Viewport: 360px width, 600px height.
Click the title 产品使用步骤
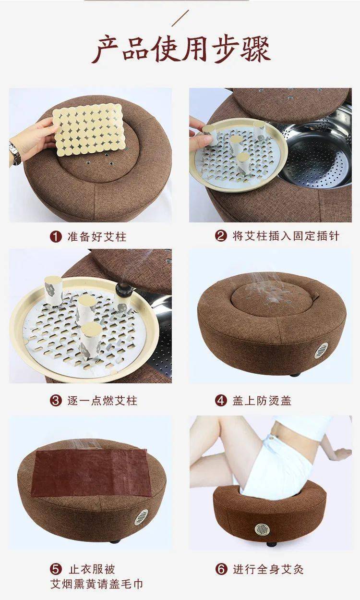(x=181, y=49)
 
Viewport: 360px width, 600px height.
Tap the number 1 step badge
(x=56, y=237)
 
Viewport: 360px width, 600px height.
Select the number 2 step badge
(x=221, y=236)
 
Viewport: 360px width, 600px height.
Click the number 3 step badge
(x=56, y=401)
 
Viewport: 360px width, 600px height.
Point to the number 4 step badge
(x=221, y=401)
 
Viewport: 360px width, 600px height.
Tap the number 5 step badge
(x=56, y=570)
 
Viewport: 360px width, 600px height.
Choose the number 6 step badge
(x=221, y=570)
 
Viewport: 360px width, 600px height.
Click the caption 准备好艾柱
(x=97, y=237)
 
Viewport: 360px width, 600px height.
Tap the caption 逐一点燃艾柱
(x=102, y=401)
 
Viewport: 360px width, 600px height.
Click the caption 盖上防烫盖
(x=262, y=401)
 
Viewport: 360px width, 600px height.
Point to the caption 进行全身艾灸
(x=268, y=570)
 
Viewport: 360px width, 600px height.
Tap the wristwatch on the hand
(x=14, y=153)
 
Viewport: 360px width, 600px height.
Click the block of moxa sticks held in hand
(x=88, y=130)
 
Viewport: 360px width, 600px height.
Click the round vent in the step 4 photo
(x=321, y=351)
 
